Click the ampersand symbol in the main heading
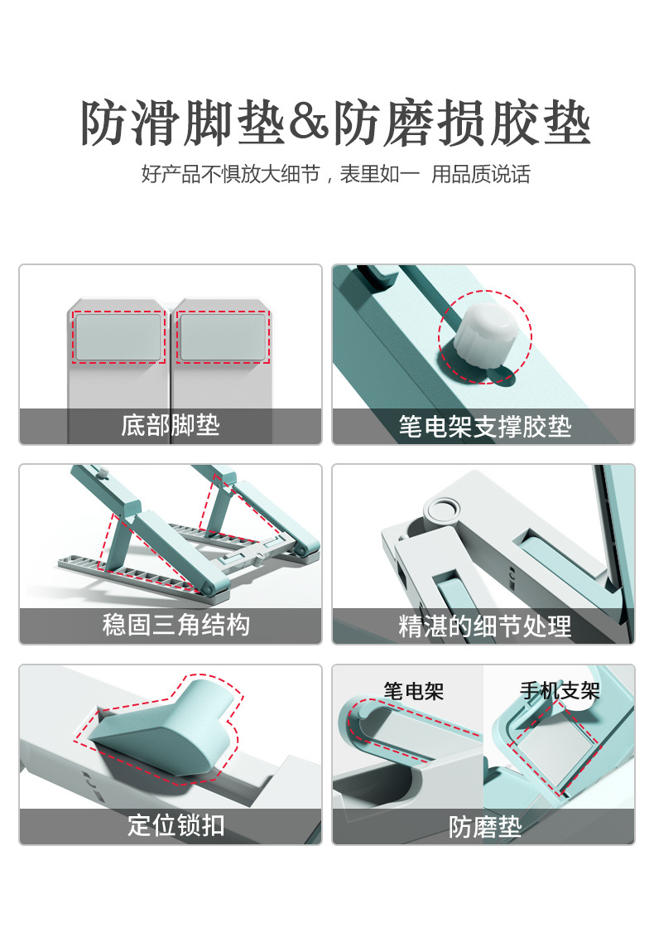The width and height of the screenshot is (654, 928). coord(309,125)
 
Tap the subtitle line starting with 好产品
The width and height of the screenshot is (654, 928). coord(335,174)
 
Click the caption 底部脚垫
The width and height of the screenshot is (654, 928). coord(171,426)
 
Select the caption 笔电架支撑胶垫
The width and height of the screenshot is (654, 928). coord(484,427)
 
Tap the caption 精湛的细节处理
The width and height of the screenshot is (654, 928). coord(484,626)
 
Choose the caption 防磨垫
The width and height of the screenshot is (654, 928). coord(485,827)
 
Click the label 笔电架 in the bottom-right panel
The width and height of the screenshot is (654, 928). coord(413,690)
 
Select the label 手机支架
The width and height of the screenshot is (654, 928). coord(559,690)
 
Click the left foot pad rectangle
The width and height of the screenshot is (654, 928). coord(119,336)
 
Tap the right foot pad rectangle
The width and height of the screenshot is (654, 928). coord(223,336)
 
